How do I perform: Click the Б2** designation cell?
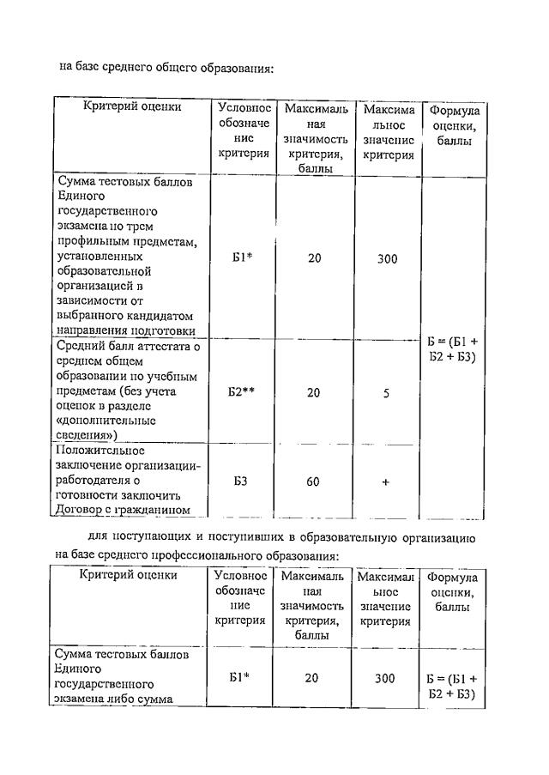[242, 392]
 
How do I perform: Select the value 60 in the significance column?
[313, 481]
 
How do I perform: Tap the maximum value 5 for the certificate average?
[386, 393]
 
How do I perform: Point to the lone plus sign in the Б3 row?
[386, 481]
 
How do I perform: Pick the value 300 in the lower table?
[385, 678]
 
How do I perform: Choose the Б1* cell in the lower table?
[241, 677]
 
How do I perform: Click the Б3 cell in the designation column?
[241, 481]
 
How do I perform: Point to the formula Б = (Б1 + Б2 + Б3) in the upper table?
[452, 349]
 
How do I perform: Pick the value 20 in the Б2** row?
[313, 392]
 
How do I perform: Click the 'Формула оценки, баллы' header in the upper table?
[452, 125]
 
